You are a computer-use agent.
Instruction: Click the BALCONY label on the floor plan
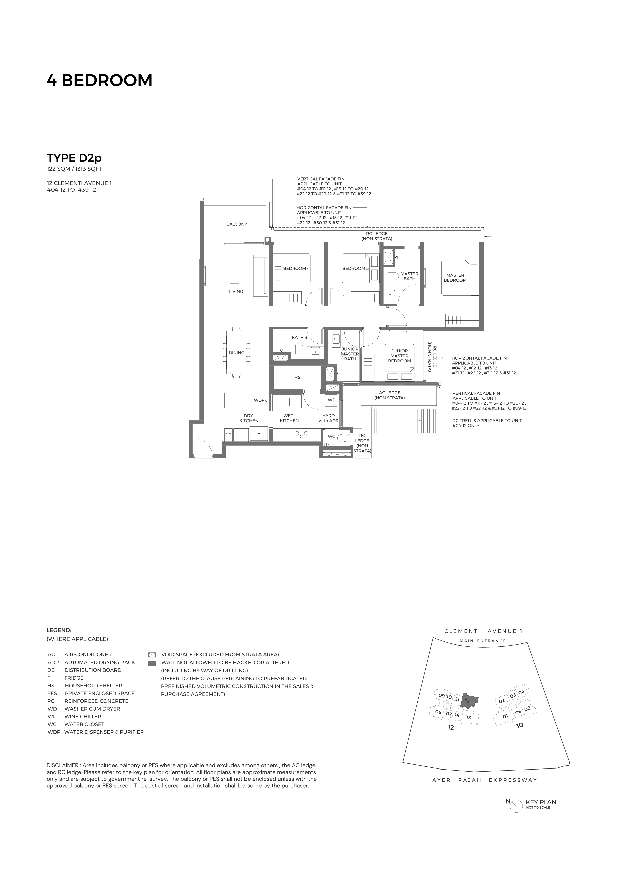(236, 224)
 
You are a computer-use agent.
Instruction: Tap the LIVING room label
(236, 292)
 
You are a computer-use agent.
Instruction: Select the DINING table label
(236, 353)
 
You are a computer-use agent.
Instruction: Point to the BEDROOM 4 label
(296, 268)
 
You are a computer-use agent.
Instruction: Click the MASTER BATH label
(409, 276)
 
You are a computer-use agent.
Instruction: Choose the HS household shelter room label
(297, 377)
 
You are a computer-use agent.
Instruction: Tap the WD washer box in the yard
(332, 400)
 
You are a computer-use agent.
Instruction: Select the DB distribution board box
(228, 435)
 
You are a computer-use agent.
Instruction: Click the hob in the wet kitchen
(302, 434)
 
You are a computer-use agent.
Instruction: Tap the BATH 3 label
(299, 338)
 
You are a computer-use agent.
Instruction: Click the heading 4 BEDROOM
(99, 80)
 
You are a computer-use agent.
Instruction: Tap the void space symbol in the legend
(152, 655)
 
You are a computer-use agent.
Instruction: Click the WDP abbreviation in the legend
(54, 732)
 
